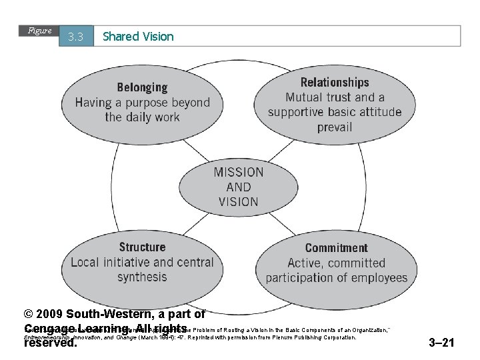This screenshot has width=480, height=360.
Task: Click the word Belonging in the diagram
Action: point(142,87)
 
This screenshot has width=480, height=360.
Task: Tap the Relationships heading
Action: point(335,83)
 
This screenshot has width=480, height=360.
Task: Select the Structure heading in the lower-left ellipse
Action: point(142,247)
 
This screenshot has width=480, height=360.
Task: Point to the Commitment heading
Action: point(336,248)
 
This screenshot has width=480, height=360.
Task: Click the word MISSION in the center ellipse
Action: point(239,172)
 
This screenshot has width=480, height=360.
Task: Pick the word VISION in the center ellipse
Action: point(239,201)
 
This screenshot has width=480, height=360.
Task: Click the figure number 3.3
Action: point(75,37)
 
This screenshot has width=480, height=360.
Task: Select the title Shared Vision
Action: point(138,37)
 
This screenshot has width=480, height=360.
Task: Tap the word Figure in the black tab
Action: point(39,31)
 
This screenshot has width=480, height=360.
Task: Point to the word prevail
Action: point(335,127)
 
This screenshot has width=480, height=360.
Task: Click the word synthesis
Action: point(142,277)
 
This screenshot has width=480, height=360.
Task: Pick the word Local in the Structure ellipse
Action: point(85,262)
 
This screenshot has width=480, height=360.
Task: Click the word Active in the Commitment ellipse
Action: point(306,263)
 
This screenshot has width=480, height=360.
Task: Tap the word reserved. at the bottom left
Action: point(50,343)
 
